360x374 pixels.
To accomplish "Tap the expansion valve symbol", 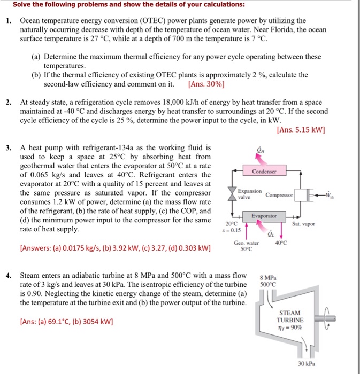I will pyautogui.click(x=232, y=194).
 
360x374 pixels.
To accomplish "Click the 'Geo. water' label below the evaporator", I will pyautogui.click(x=246, y=243).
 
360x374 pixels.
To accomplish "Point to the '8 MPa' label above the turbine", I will pyautogui.click(x=267, y=277).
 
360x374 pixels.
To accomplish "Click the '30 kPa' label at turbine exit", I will pyautogui.click(x=307, y=363).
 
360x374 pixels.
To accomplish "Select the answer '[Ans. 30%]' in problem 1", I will pyautogui.click(x=206, y=84).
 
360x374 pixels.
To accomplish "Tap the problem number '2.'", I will pyautogui.click(x=9, y=101).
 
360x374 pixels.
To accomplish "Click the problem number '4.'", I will pyautogui.click(x=9, y=276).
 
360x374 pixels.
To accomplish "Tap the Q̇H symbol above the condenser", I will pyautogui.click(x=261, y=151).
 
